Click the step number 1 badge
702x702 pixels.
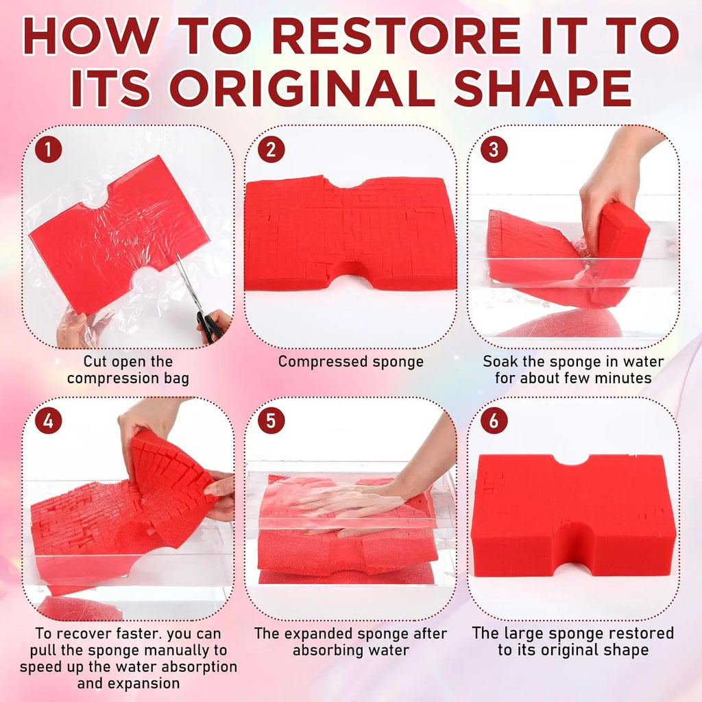pyautogui.click(x=49, y=149)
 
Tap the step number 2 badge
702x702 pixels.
pyautogui.click(x=271, y=149)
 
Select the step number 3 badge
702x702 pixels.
pyautogui.click(x=494, y=149)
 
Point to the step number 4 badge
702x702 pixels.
pyautogui.click(x=49, y=421)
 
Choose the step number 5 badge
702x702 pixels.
pyautogui.click(x=271, y=421)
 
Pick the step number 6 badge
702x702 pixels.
pyautogui.click(x=494, y=421)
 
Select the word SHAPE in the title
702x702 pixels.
pyautogui.click(x=543, y=88)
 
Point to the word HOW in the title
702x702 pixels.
pyautogui.click(x=91, y=36)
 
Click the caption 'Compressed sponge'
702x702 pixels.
pyautogui.click(x=350, y=362)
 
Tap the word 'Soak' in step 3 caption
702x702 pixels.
pyautogui.click(x=500, y=361)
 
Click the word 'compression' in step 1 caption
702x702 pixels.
pyautogui.click(x=113, y=378)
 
